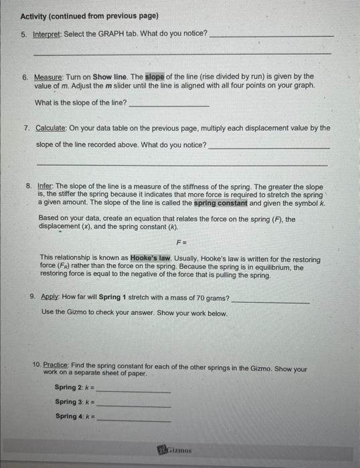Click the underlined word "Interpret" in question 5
click(48, 33)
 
